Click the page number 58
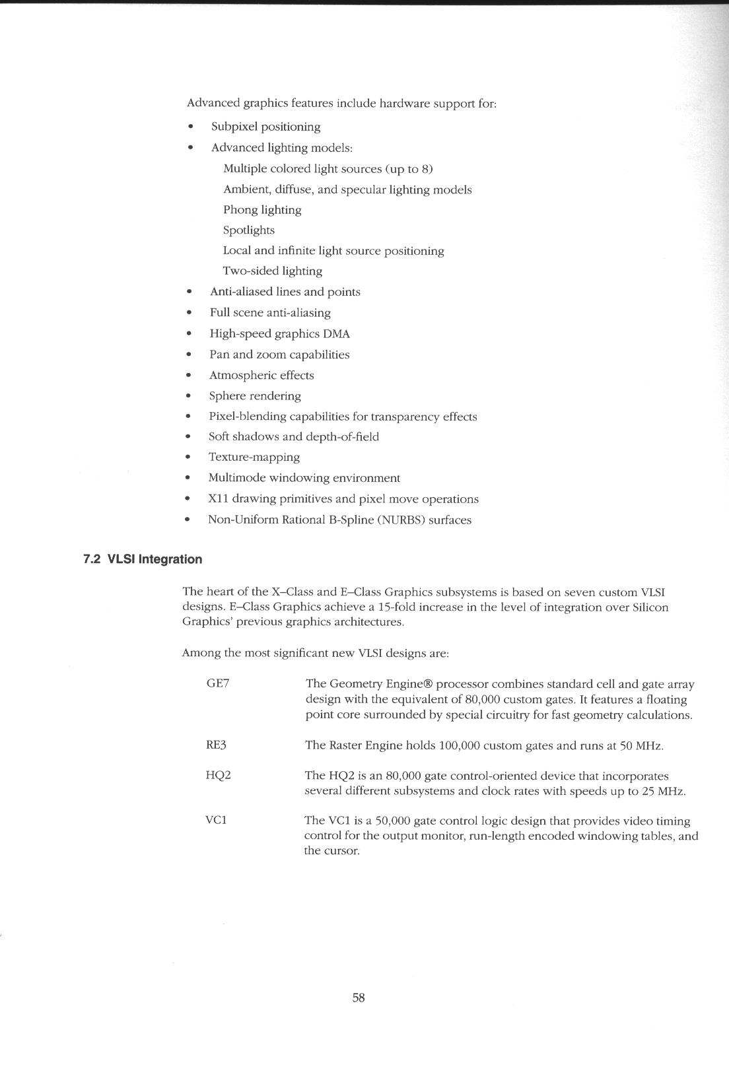pos(359,998)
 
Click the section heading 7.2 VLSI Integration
pos(143,559)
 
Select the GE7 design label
pos(218,683)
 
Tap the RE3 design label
pos(217,745)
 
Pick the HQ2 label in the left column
pos(218,775)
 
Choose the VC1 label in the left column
pos(217,820)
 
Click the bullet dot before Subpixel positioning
pos(191,127)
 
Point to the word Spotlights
pos(249,230)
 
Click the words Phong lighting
pos(262,209)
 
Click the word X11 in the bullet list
pos(218,499)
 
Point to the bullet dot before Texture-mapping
pos(189,458)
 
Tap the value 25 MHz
pos(664,790)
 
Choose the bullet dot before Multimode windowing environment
pos(189,478)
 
